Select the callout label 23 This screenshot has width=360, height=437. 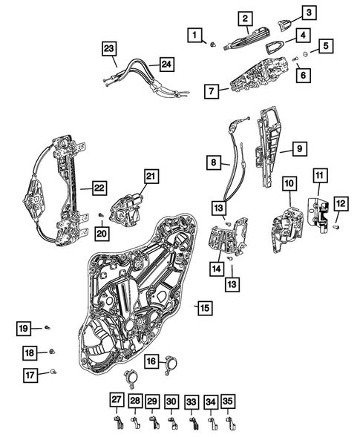110,50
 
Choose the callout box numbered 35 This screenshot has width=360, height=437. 228,401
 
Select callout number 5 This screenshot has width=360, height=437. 327,46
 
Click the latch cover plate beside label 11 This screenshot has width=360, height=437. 319,213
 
